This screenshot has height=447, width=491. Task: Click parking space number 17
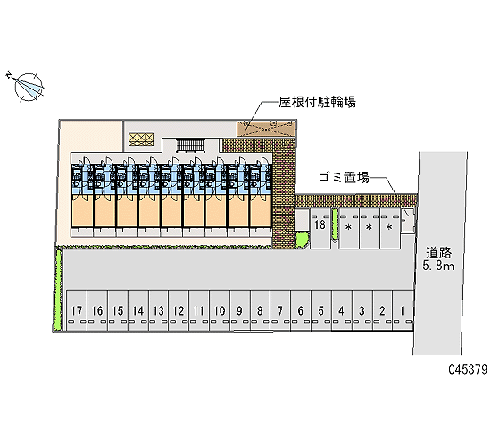(x=77, y=310)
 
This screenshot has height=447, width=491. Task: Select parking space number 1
(x=403, y=310)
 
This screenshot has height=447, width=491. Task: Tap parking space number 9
(x=240, y=310)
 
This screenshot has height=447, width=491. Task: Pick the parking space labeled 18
(x=320, y=228)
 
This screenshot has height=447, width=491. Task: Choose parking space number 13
(x=158, y=310)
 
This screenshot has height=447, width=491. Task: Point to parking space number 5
(x=321, y=310)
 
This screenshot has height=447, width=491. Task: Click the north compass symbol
(x=27, y=86)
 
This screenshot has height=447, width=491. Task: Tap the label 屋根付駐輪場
(x=317, y=102)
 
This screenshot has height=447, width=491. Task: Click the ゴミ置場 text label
(x=344, y=177)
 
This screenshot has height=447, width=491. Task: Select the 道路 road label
(x=438, y=252)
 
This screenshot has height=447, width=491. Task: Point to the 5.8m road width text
(x=438, y=266)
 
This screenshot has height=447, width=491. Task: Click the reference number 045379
(x=468, y=369)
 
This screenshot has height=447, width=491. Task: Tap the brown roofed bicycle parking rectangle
(x=266, y=129)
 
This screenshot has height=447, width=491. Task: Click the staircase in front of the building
(x=190, y=146)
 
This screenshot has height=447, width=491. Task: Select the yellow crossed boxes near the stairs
(x=141, y=139)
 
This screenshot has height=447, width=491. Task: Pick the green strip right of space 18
(x=335, y=224)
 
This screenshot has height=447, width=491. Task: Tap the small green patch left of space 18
(x=302, y=240)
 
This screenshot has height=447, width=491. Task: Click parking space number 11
(x=199, y=310)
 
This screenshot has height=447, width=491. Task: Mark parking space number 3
(x=362, y=310)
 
